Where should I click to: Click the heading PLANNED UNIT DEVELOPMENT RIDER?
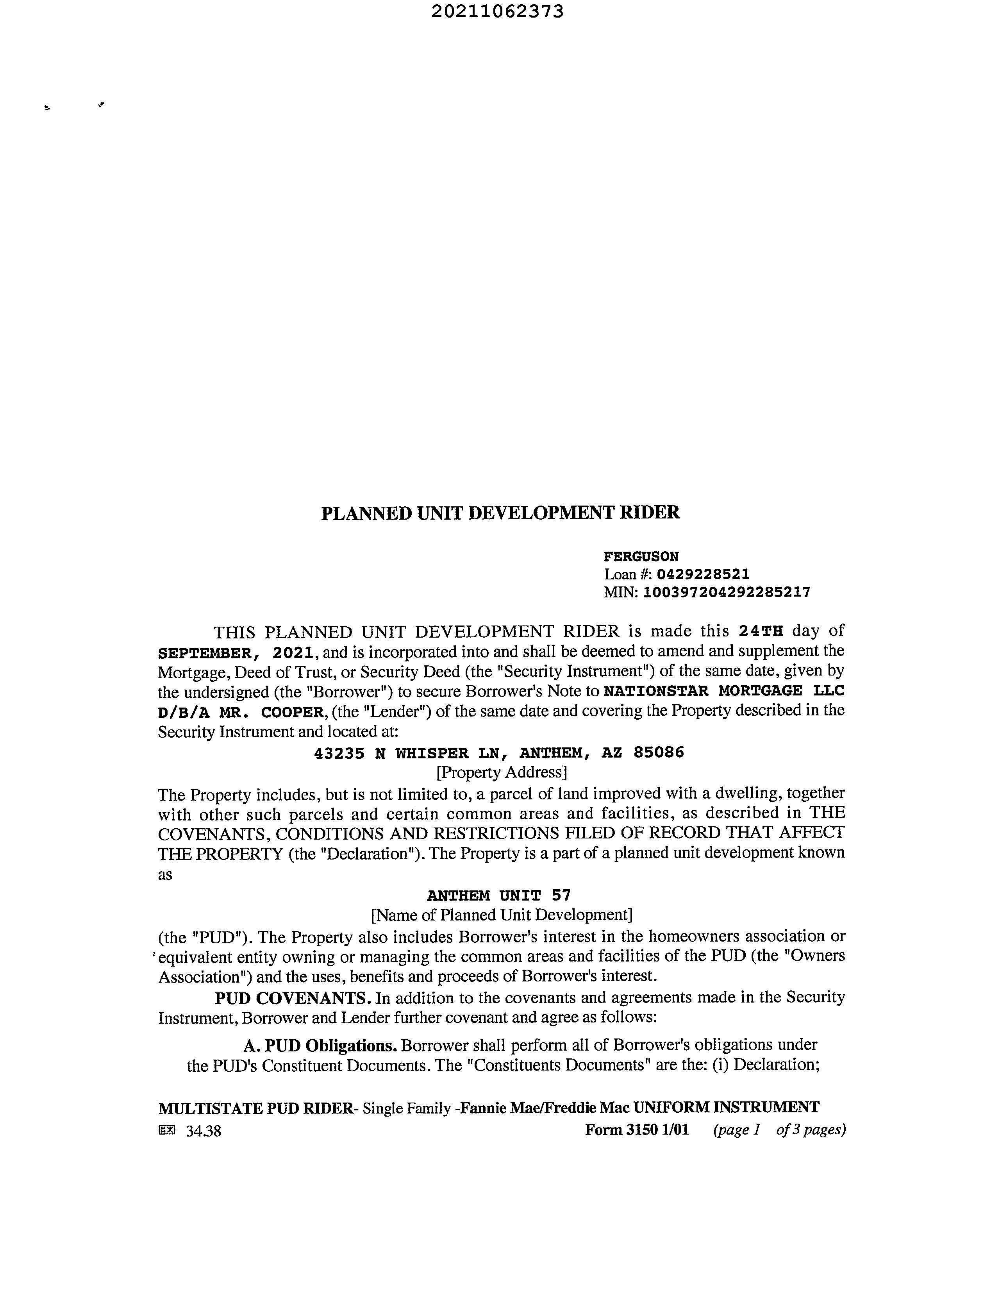[500, 513]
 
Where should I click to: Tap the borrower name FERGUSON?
[641, 556]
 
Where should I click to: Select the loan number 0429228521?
[703, 574]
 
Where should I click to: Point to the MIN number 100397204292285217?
[726, 592]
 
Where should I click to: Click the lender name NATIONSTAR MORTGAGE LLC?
[723, 691]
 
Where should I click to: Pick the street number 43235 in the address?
[338, 753]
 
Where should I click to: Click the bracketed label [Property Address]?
[501, 772]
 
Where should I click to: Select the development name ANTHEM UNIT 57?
[498, 895]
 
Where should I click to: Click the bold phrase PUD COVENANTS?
[293, 998]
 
